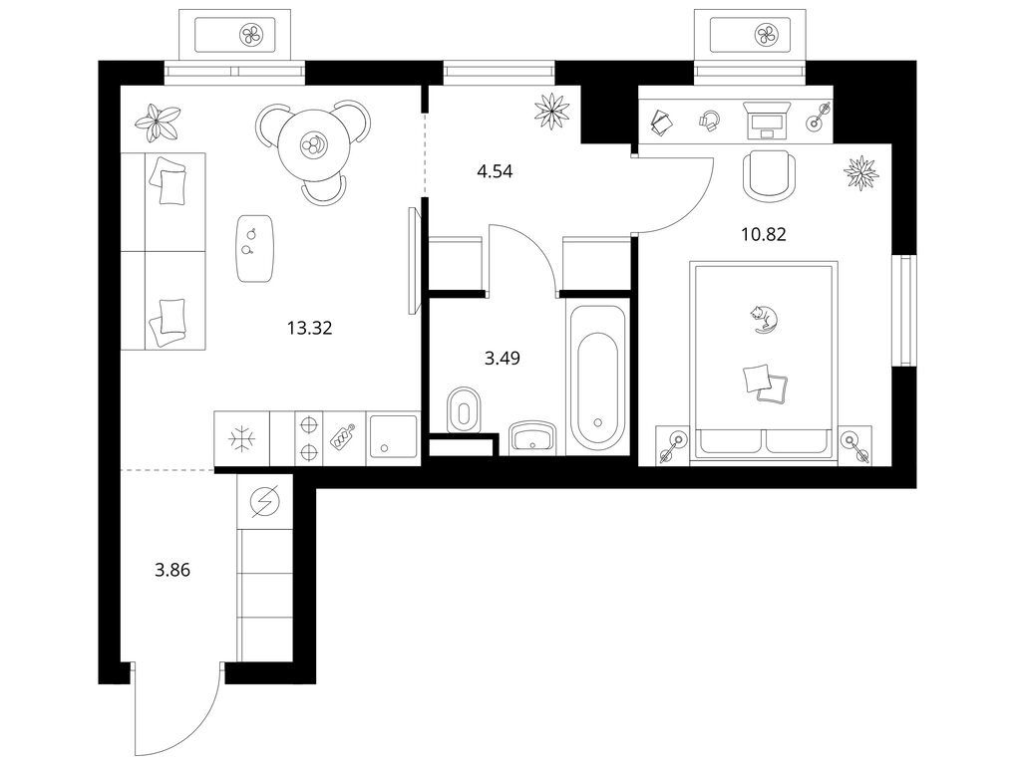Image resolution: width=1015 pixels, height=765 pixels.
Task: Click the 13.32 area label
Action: pyautogui.click(x=309, y=329)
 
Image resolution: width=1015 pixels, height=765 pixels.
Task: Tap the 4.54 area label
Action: pyautogui.click(x=494, y=171)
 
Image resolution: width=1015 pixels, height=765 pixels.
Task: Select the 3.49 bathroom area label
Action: pyautogui.click(x=503, y=358)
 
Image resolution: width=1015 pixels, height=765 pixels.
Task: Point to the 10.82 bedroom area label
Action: pyautogui.click(x=764, y=234)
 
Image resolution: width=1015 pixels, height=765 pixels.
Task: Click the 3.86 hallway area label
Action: pyautogui.click(x=172, y=571)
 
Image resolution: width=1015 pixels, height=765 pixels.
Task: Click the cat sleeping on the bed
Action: pyautogui.click(x=765, y=318)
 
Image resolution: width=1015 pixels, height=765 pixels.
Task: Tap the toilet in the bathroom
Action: pyautogui.click(x=465, y=409)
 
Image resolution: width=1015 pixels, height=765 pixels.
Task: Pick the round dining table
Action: pyautogui.click(x=313, y=144)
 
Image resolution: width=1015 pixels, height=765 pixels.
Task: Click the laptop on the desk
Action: pyautogui.click(x=767, y=120)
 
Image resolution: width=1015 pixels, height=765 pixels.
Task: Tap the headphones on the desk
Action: pyautogui.click(x=710, y=121)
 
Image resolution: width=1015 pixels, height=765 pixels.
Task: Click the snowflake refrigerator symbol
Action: pyautogui.click(x=242, y=439)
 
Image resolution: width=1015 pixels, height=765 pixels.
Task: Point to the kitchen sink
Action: pyautogui.click(x=393, y=437)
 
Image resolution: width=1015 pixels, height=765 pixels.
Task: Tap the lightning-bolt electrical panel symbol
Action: pyautogui.click(x=266, y=501)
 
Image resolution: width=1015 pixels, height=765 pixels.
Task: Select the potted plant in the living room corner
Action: pyautogui.click(x=158, y=123)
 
